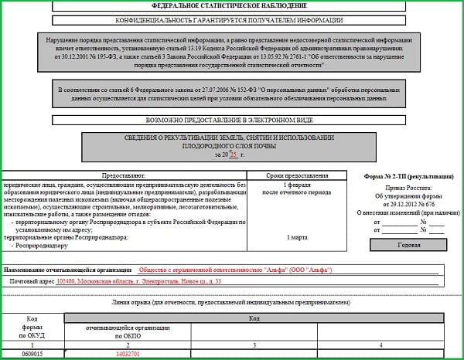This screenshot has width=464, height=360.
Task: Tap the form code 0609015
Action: [32, 353]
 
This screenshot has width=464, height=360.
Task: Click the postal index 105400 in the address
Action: [67, 282]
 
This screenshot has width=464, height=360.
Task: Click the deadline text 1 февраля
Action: [297, 186]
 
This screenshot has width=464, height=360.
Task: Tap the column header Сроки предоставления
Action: [297, 175]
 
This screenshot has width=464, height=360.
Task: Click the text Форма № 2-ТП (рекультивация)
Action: [408, 176]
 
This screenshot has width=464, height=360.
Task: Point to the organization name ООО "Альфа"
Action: [308, 270]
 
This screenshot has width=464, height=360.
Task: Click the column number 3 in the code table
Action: [254, 345]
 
